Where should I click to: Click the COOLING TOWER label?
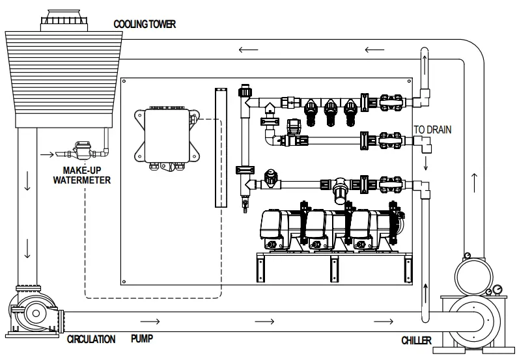pyautogui.click(x=145, y=24)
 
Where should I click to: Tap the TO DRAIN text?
pyautogui.click(x=432, y=130)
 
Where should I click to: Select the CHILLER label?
pyautogui.click(x=416, y=340)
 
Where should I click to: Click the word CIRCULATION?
pyautogui.click(x=91, y=339)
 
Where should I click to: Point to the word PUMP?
pyautogui.click(x=142, y=339)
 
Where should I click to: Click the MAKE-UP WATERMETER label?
pyautogui.click(x=82, y=175)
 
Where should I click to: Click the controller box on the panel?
pyautogui.click(x=167, y=137)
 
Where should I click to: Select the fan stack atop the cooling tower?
pyautogui.click(x=64, y=20)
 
